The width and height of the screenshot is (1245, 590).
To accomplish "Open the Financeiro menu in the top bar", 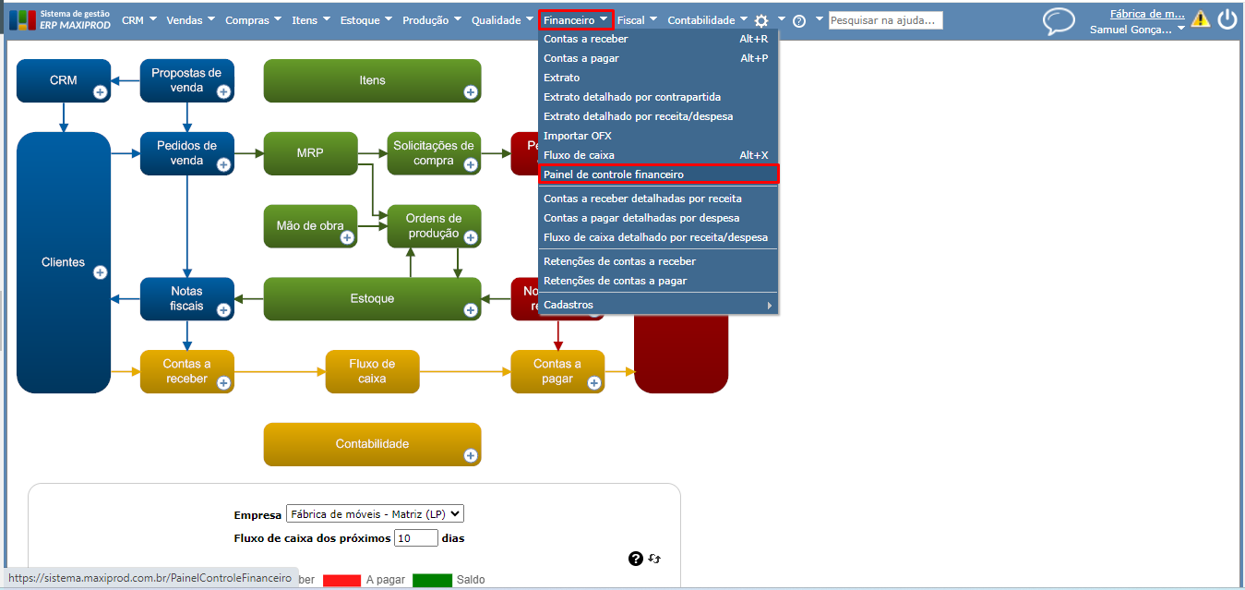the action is click(576, 20).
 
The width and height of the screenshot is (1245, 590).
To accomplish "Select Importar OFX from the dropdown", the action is click(578, 136).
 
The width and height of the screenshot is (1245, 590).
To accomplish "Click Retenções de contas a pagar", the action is click(616, 281).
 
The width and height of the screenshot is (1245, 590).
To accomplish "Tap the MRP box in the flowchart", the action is click(310, 153).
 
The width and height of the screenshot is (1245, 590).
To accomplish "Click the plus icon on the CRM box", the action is click(100, 92).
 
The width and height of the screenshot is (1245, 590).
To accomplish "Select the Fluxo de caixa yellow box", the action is click(372, 371).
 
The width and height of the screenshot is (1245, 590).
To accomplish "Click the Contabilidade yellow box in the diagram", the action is click(372, 444).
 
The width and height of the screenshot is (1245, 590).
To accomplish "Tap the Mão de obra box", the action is click(310, 226).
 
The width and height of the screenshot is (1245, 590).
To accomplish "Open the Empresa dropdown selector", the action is click(375, 514).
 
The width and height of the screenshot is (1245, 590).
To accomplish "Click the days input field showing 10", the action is click(415, 538).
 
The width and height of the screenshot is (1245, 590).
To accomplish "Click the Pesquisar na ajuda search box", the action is click(885, 20).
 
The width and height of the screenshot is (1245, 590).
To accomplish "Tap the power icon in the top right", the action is click(1227, 19).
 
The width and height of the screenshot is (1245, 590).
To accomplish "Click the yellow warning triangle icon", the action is click(1201, 18).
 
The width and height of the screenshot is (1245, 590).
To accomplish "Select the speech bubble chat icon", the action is click(1059, 21).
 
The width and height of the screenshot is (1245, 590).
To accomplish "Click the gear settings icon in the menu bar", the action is click(761, 21).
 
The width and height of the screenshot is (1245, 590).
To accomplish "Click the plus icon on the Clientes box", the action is click(100, 272).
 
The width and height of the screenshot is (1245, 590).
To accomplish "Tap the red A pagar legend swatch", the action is click(341, 580).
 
